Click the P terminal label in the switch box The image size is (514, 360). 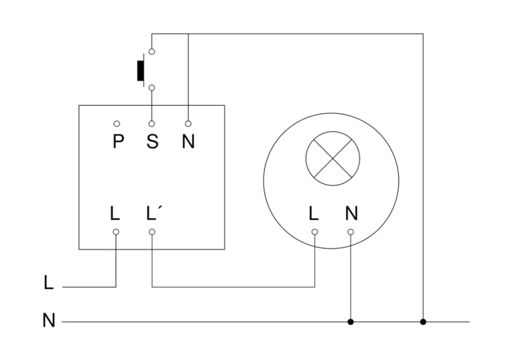118,142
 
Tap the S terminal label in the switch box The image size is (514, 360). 152,142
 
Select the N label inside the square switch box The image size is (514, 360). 188,142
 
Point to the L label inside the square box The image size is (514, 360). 116,213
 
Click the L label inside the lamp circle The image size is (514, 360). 314,213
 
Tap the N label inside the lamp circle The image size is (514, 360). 351,213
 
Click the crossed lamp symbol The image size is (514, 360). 333,158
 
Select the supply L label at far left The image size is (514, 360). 49,283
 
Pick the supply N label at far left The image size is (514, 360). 49,321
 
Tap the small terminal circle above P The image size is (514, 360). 116,124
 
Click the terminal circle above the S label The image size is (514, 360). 152,124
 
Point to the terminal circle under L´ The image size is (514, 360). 152,232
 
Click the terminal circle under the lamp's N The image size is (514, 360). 350,232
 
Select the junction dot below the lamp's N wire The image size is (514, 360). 350,321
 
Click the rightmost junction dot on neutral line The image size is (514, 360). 423,321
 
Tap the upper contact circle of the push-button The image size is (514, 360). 152,52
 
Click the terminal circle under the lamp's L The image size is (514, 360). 315,232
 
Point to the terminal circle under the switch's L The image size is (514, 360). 116,232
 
